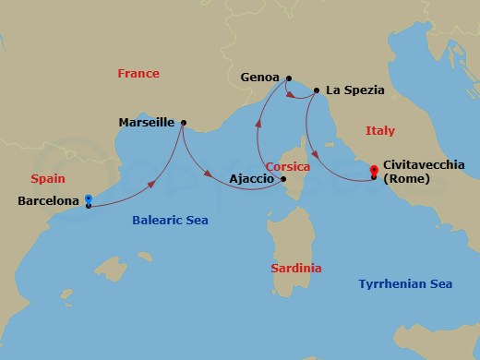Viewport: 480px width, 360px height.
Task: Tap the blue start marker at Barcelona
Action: [89, 198]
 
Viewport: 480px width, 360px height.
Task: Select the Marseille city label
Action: [149, 121]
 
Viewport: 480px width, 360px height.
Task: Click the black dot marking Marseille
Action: [184, 122]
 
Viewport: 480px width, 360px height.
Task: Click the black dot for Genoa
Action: [289, 78]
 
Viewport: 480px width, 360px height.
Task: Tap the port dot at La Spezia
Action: [317, 90]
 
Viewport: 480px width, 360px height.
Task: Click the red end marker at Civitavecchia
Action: [373, 171]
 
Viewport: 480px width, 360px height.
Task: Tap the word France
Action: [139, 74]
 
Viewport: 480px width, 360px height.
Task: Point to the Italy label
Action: [379, 131]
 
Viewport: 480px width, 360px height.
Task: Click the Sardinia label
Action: [296, 269]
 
